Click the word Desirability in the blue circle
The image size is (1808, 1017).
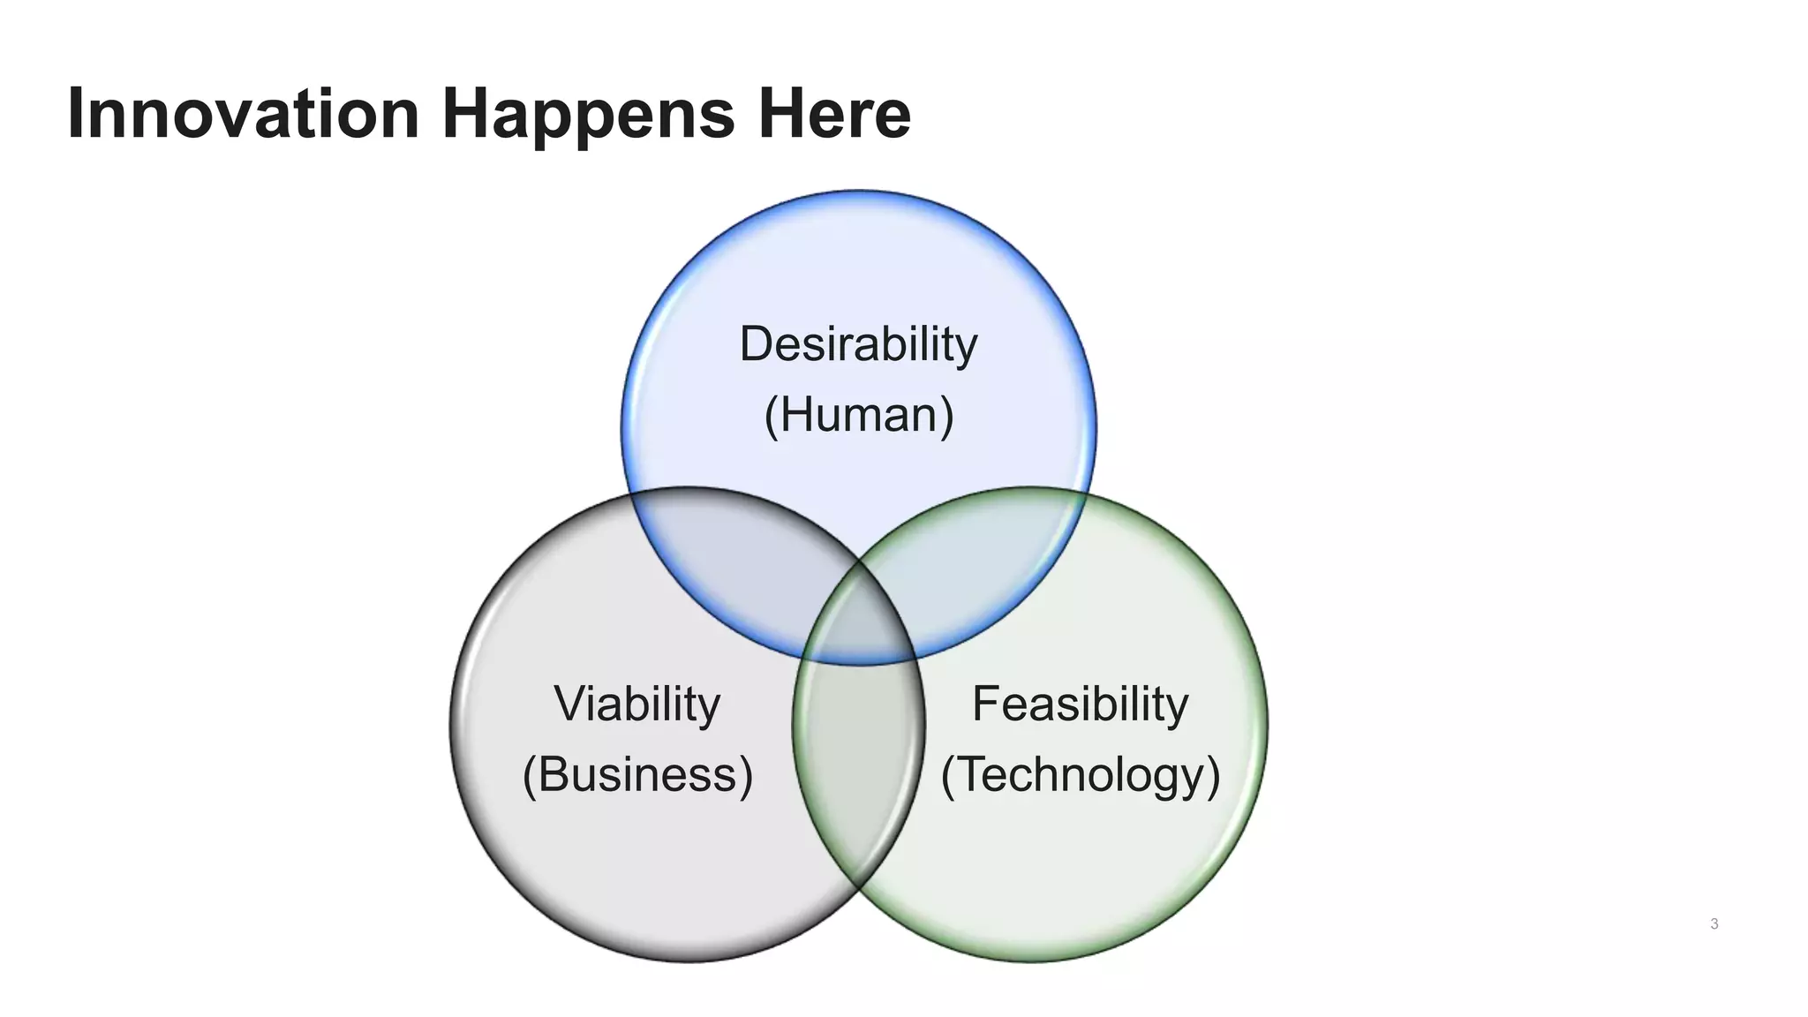tap(858, 344)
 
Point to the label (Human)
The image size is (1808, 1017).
tap(858, 415)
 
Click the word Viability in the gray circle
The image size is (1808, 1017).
tap(637, 704)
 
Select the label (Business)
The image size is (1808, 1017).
tap(637, 775)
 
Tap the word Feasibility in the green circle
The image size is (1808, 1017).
tap(1080, 704)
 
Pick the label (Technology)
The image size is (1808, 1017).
tap(1080, 775)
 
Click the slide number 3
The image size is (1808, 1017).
tap(1714, 924)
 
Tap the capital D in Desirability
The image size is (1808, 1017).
tap(756, 344)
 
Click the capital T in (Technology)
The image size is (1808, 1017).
tap(972, 775)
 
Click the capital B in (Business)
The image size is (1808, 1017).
tap(553, 775)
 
